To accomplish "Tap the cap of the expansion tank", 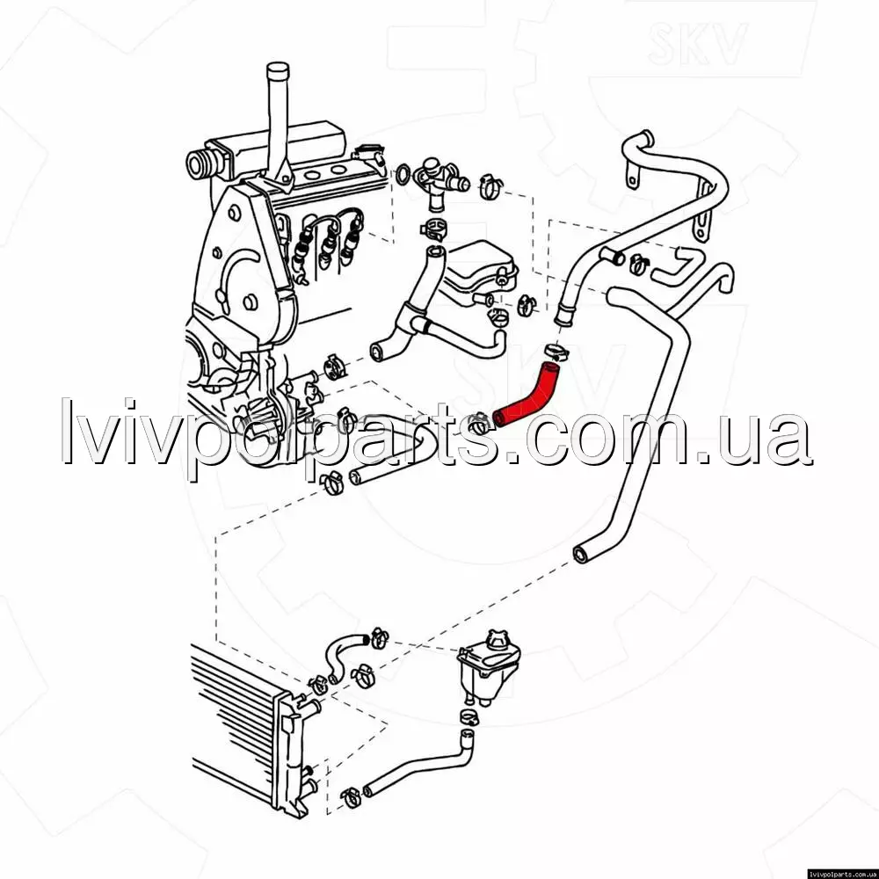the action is click(x=496, y=640).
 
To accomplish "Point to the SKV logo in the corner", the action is click(x=697, y=42).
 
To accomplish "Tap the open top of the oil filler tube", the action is click(x=278, y=70).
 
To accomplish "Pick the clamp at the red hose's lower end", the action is click(x=480, y=424).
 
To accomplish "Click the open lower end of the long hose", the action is click(x=581, y=555).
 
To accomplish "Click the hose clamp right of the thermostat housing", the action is click(x=491, y=186).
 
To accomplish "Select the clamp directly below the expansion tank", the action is click(x=469, y=717).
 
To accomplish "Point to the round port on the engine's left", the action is click(x=197, y=164).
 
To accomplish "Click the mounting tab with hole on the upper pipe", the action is click(x=631, y=174).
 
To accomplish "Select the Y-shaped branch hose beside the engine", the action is click(x=432, y=314).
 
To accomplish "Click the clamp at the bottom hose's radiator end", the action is click(x=351, y=796).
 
